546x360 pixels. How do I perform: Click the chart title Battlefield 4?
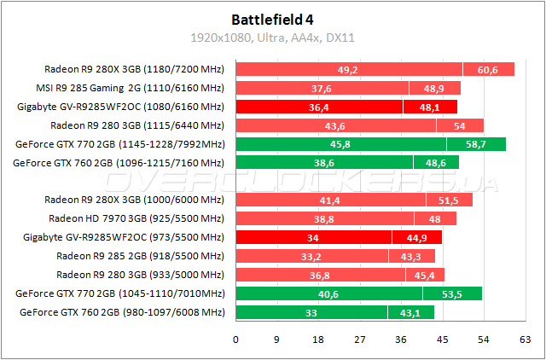(x=272, y=19)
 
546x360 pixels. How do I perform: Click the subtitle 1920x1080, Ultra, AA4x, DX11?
(x=272, y=38)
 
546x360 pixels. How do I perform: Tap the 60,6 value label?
(x=488, y=70)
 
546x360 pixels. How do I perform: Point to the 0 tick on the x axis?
(x=235, y=339)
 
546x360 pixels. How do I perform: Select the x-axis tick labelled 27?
(x=360, y=339)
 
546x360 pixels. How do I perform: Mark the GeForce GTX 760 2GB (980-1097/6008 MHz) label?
(x=121, y=312)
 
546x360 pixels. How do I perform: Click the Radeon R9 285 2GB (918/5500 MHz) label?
(x=140, y=256)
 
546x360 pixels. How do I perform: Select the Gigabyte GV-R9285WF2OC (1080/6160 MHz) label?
(x=120, y=107)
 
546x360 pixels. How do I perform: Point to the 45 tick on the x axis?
(x=443, y=339)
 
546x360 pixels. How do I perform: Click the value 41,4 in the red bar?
(x=330, y=200)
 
